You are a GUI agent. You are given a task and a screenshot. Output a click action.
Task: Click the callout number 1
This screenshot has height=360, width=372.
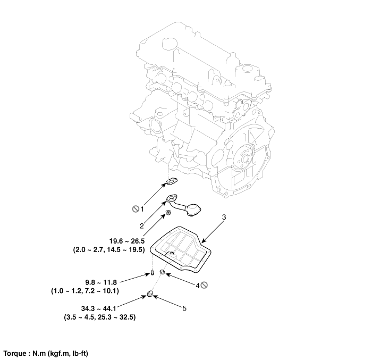tap(142, 209)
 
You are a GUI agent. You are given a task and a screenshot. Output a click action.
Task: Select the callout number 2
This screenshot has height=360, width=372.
tap(142, 225)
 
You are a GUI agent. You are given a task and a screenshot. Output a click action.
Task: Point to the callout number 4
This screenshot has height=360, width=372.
tap(197, 286)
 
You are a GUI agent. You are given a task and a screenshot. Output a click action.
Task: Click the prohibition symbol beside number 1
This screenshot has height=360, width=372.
tap(135, 209)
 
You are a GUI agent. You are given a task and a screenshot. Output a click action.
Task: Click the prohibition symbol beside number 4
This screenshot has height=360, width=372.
tap(204, 286)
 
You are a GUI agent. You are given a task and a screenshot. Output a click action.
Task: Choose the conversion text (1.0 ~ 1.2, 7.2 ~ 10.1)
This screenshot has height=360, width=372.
tap(85, 291)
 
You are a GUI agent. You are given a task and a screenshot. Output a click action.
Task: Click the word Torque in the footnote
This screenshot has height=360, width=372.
tap(15, 353)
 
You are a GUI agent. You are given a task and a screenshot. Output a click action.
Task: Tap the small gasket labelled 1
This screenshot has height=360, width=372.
tap(171, 182)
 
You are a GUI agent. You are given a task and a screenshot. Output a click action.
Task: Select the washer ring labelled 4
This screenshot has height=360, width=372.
tap(163, 274)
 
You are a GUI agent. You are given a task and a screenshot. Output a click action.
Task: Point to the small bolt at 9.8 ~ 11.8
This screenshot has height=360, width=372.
tap(151, 274)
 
